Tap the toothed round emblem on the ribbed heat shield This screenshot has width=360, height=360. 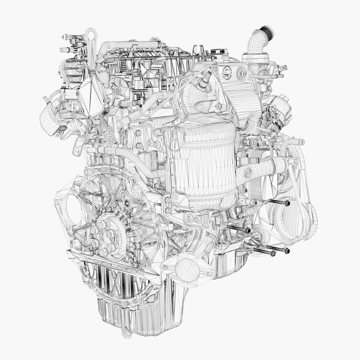(227, 72)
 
